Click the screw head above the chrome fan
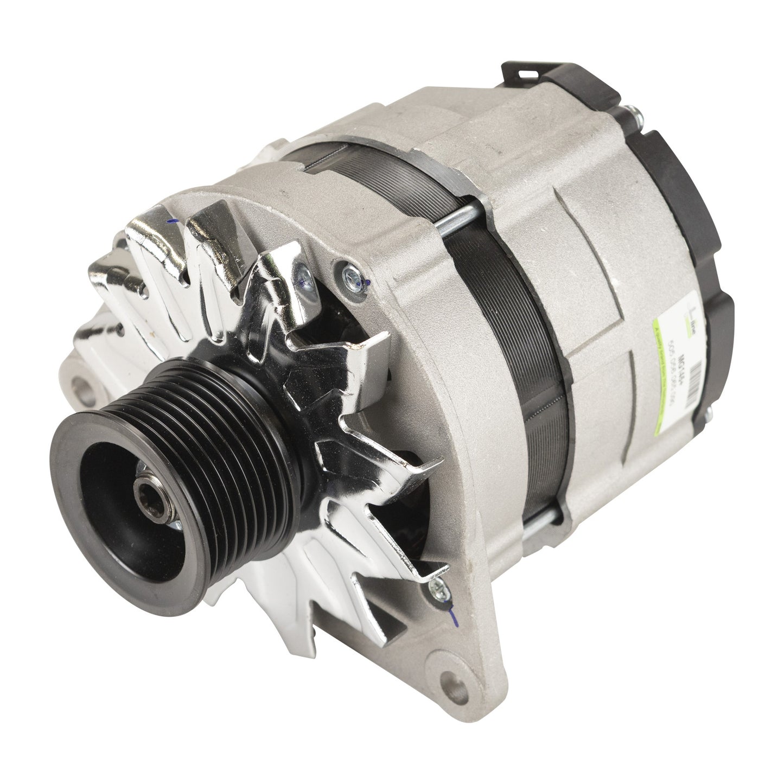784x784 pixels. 348,268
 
